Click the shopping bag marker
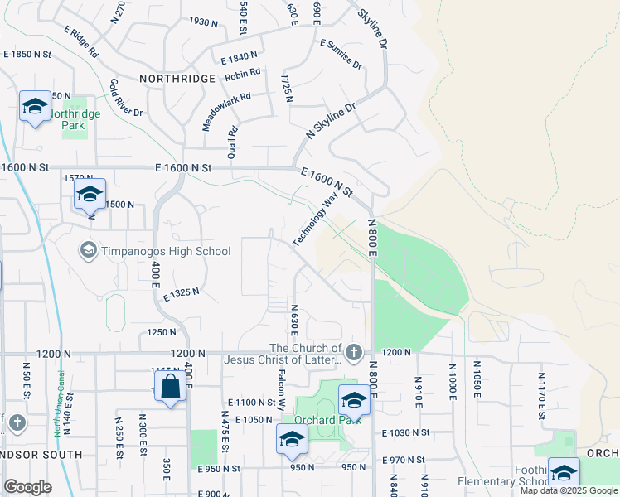(170, 388)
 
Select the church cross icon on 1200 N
(354, 353)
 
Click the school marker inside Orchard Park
(354, 401)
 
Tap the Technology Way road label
(316, 219)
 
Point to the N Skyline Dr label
(330, 121)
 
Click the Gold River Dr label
(126, 98)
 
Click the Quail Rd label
(233, 142)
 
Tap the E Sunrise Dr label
(340, 54)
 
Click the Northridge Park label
(73, 119)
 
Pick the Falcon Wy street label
(281, 392)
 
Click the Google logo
(27, 487)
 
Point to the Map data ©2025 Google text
(568, 490)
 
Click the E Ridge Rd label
(81, 41)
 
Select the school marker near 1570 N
(89, 195)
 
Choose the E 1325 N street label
(182, 295)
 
